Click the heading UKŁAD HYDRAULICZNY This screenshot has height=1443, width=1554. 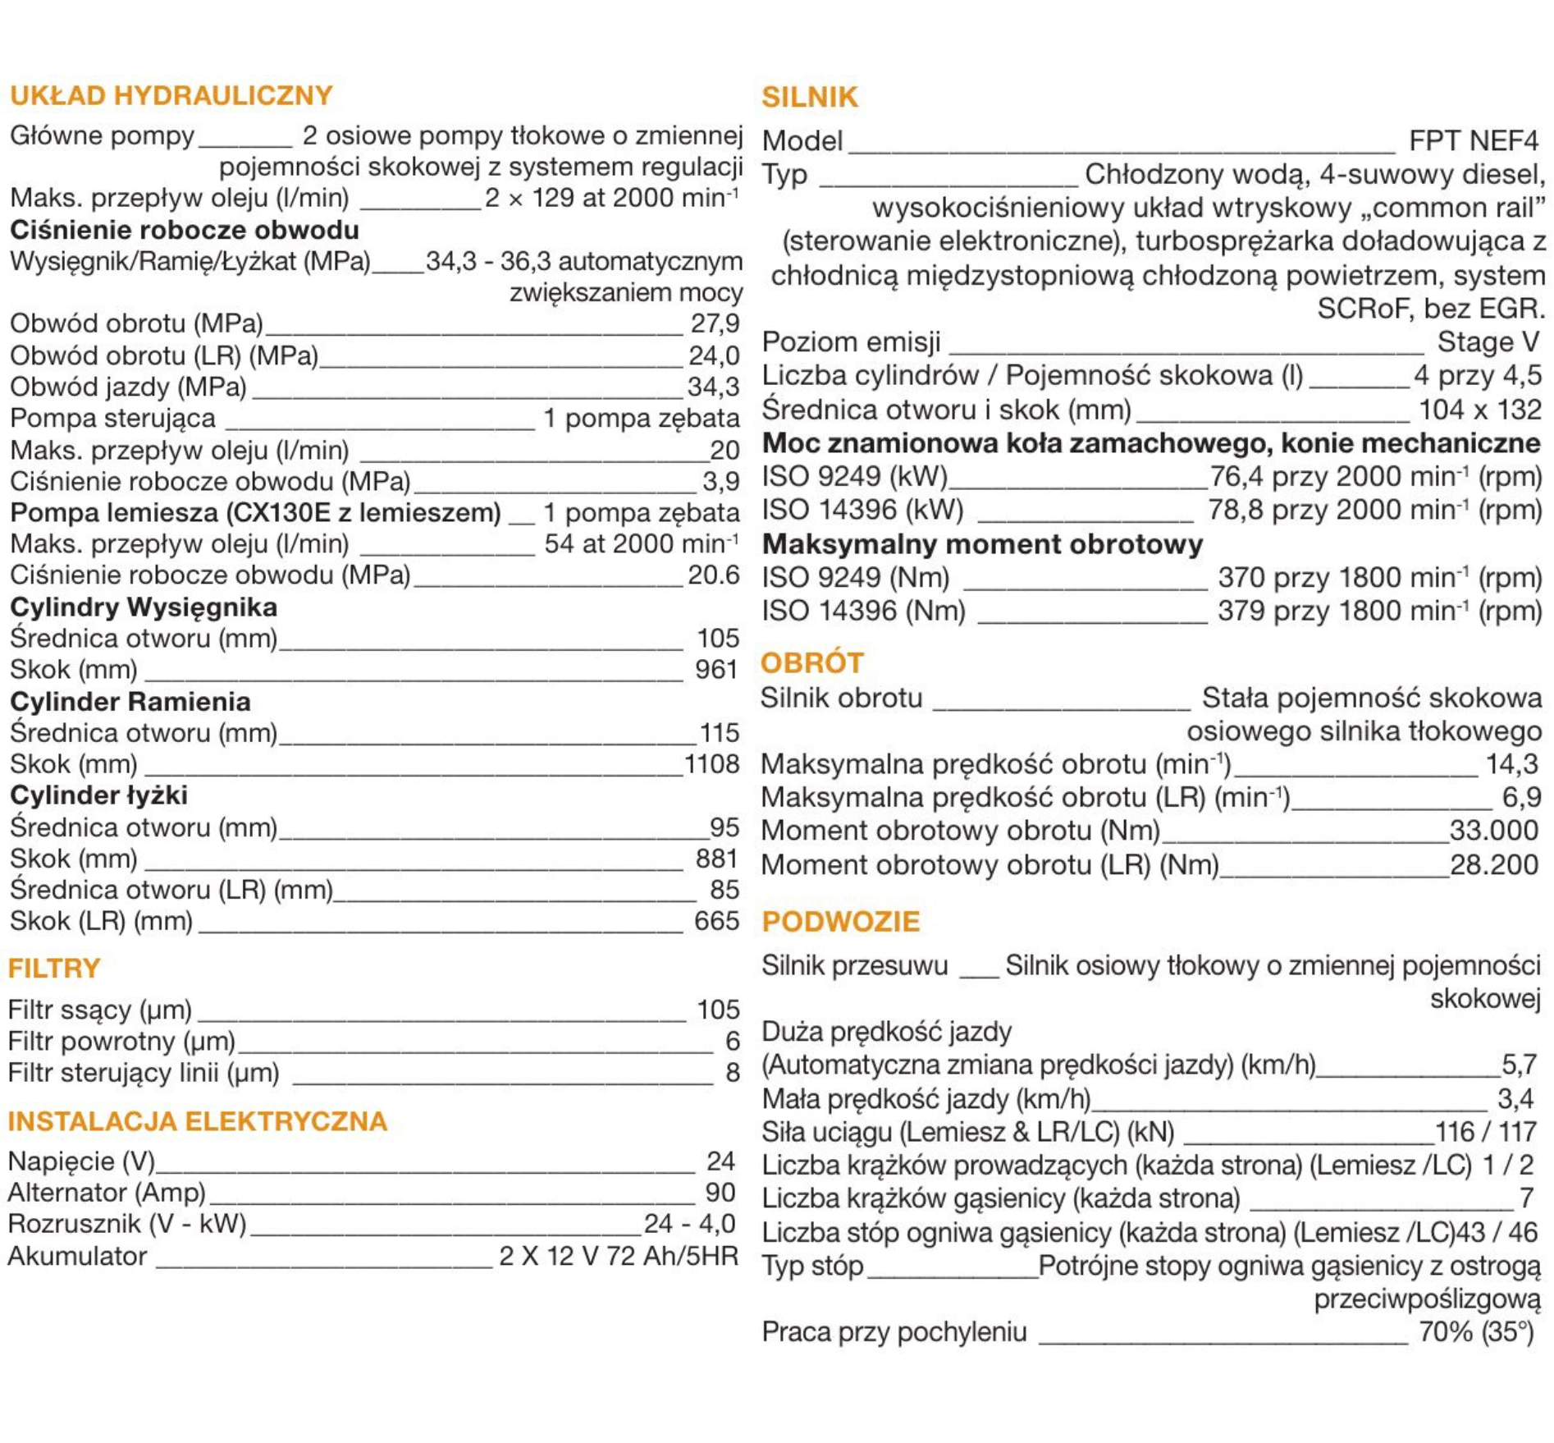[171, 95]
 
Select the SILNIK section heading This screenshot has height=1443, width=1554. [809, 97]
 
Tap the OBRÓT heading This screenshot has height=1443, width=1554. [811, 662]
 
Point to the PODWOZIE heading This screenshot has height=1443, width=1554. [840, 921]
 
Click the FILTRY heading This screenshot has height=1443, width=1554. [53, 968]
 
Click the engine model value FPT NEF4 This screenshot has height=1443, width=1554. [1473, 141]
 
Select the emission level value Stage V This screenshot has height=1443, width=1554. [1488, 341]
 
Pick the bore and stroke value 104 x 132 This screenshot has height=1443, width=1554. [1479, 409]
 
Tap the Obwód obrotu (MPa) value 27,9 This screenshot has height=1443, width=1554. [715, 323]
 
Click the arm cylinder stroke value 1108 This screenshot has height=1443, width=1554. [711, 764]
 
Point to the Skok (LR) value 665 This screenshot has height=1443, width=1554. [716, 921]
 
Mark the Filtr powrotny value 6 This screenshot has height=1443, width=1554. [732, 1041]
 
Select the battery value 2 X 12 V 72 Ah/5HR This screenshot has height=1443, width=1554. [619, 1256]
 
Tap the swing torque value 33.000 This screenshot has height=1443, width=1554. [1493, 831]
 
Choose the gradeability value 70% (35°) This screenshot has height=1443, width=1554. [1476, 1331]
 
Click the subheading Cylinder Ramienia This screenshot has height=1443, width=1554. [130, 701]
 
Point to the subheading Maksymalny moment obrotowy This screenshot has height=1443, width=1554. [982, 543]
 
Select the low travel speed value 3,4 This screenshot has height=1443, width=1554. [1515, 1098]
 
